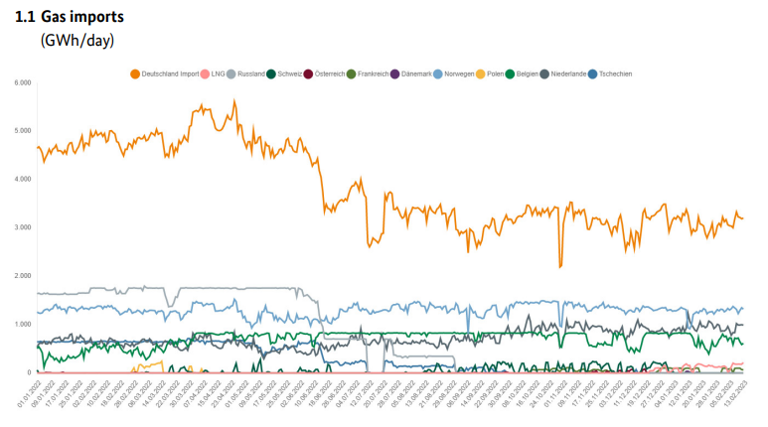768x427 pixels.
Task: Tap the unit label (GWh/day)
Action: click(x=77, y=41)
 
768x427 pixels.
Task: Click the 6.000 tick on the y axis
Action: click(x=22, y=82)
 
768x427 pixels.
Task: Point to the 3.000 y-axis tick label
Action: click(x=22, y=227)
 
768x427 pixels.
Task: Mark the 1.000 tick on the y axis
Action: click(x=22, y=325)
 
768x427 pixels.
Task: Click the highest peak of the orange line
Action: click(x=233, y=100)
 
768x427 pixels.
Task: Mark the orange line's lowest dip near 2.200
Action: click(x=560, y=266)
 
